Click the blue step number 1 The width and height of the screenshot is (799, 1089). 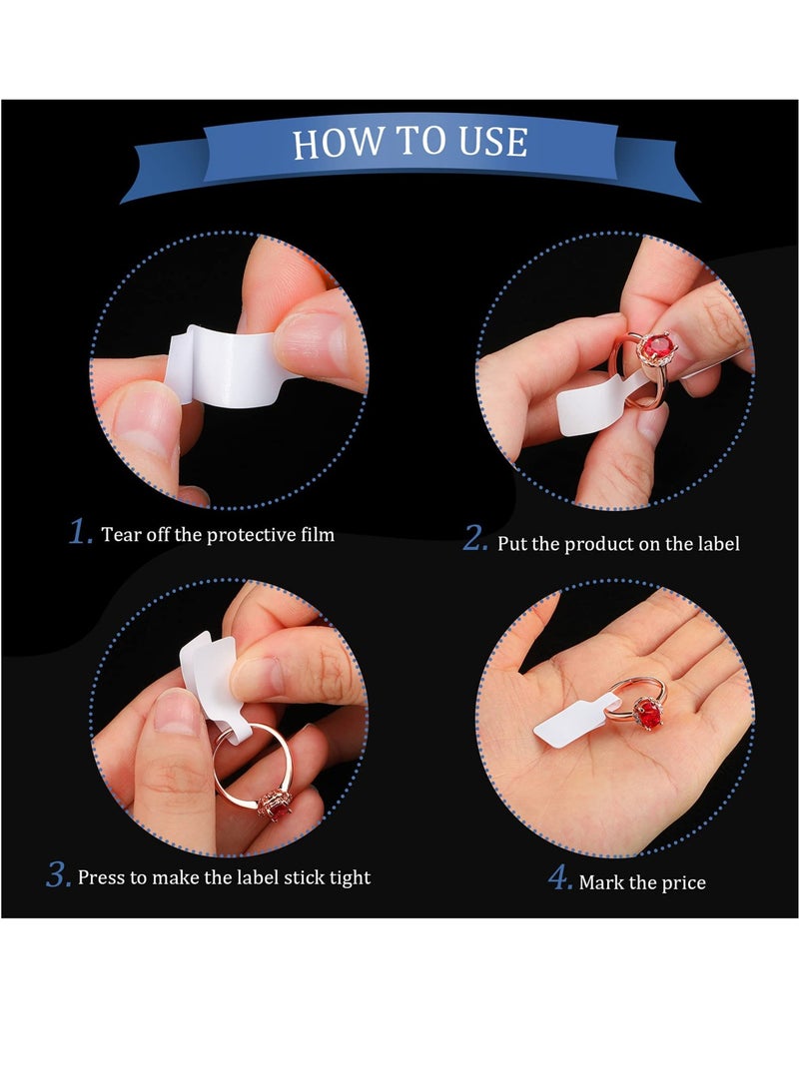click(x=80, y=532)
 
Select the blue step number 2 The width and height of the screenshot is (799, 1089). click(x=475, y=539)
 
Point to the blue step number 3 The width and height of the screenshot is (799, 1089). click(x=58, y=875)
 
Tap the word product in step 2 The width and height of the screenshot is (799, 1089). click(x=599, y=544)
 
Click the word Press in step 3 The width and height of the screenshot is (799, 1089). click(x=100, y=877)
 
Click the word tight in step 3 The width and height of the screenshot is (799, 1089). click(x=350, y=877)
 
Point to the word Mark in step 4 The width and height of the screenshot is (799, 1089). click(x=601, y=882)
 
